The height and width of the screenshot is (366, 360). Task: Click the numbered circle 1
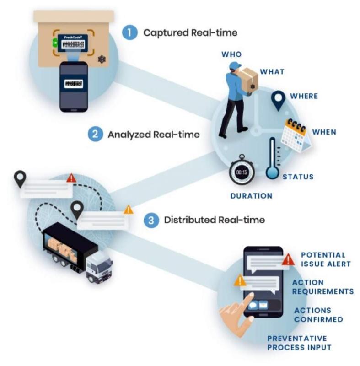pyautogui.click(x=130, y=32)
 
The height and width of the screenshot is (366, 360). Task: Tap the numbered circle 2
pyautogui.click(x=95, y=135)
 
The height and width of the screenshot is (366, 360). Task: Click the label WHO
pyautogui.click(x=231, y=54)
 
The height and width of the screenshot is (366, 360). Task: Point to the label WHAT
pyautogui.click(x=272, y=72)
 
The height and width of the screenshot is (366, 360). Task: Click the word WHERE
pyautogui.click(x=304, y=97)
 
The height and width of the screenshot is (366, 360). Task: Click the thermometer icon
pyautogui.click(x=273, y=158)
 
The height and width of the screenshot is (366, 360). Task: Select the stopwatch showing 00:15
pyautogui.click(x=242, y=172)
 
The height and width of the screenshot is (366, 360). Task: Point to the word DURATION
pyautogui.click(x=251, y=196)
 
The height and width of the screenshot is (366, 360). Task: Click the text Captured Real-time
pyautogui.click(x=190, y=33)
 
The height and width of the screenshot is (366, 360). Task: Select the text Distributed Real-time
pyautogui.click(x=214, y=220)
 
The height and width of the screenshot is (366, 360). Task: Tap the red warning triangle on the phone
pyautogui.click(x=288, y=260)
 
